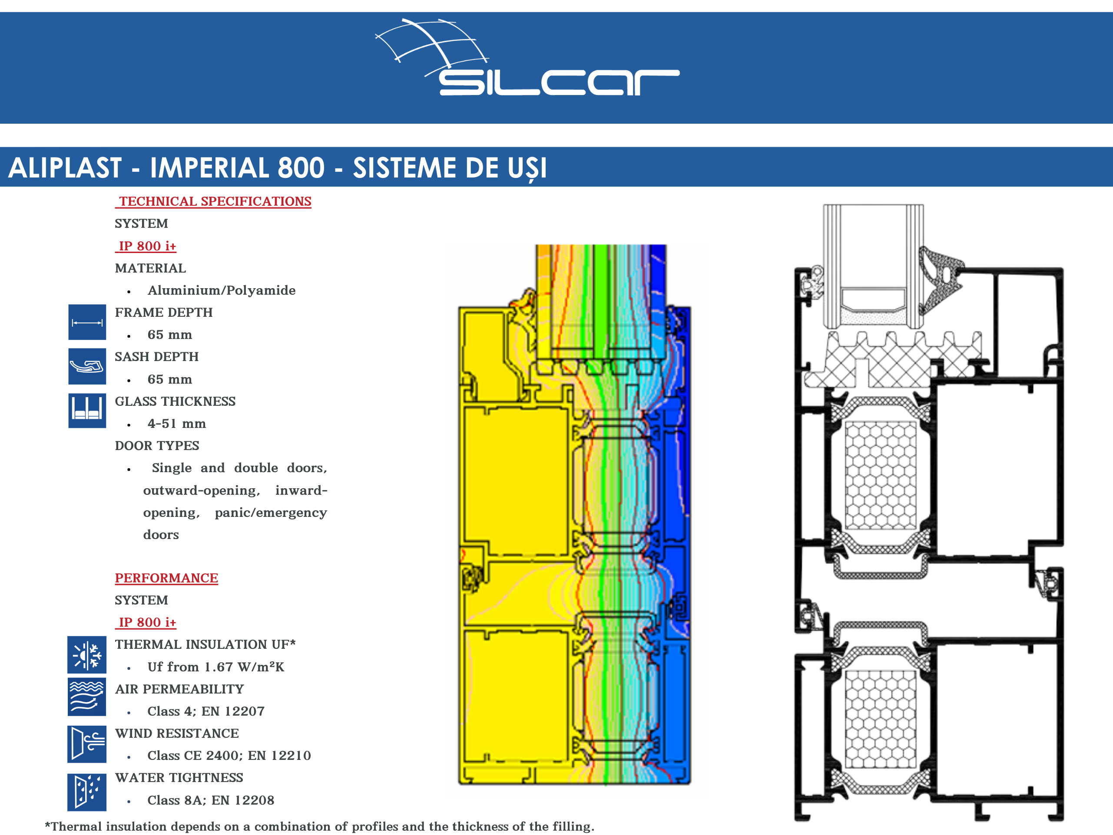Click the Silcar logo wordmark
click(x=559, y=82)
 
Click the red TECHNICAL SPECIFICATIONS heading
click(x=213, y=201)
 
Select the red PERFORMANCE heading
click(x=166, y=578)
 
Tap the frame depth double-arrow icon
click(x=87, y=322)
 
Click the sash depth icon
click(x=87, y=366)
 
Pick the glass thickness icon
click(x=87, y=411)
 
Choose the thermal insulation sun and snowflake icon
click(x=87, y=655)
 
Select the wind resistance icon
click(x=87, y=744)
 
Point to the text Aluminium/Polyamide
click(x=222, y=291)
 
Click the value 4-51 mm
click(x=177, y=424)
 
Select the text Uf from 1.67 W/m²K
click(x=216, y=667)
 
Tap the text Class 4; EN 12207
click(x=206, y=711)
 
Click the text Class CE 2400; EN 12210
click(x=229, y=756)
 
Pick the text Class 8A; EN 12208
click(x=211, y=800)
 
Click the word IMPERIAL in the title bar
click(x=238, y=168)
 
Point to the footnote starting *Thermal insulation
click(x=319, y=826)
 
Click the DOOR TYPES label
click(x=157, y=446)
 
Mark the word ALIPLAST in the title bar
click(x=65, y=168)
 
